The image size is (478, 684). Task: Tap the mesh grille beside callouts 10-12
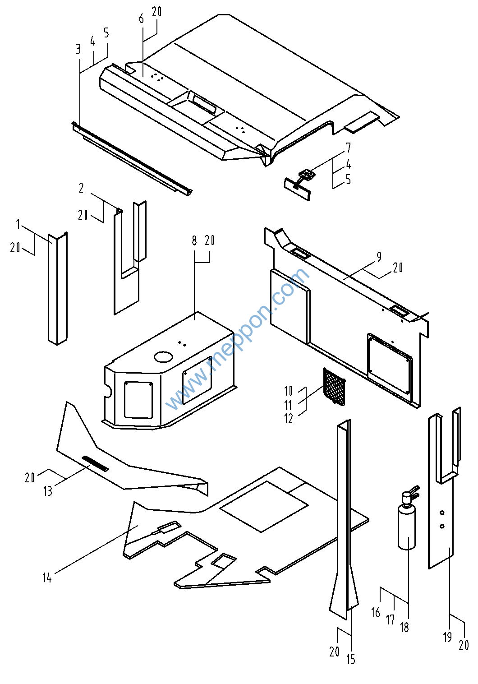334,386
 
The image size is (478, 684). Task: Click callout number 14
47,578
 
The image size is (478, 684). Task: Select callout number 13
48,491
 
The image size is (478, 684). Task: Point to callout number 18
404,627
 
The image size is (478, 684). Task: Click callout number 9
379,257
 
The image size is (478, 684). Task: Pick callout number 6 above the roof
142,18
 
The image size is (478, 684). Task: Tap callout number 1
18,224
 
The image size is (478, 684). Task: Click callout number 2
81,188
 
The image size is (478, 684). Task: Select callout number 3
78,49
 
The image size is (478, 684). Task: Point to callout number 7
348,148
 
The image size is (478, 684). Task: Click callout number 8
194,240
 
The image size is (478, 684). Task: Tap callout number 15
351,659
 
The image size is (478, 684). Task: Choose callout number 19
447,637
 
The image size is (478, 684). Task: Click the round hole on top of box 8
163,356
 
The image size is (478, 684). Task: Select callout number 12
289,419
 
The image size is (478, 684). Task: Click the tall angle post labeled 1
57,289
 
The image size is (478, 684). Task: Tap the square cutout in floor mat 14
264,506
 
